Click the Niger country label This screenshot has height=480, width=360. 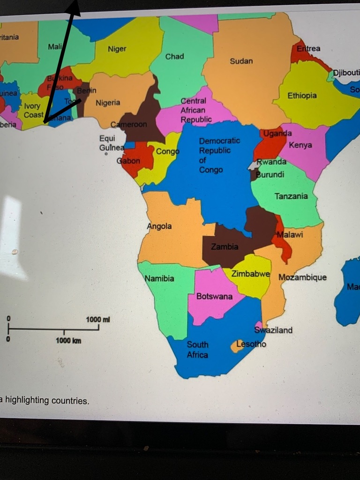pos(117,49)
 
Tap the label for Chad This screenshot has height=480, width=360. pos(174,56)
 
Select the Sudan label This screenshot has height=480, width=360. pos(241,61)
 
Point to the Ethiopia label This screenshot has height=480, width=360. pos(302,96)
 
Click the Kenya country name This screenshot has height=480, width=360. pos(300,145)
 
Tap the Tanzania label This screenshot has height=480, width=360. pos(291,196)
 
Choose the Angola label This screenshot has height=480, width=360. pos(159,226)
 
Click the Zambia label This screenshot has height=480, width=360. pos(225,247)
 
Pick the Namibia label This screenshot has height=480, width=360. pos(159,278)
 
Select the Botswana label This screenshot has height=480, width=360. pos(214,296)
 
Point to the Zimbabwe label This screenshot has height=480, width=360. pos(251,274)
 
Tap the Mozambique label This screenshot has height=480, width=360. pos(302,277)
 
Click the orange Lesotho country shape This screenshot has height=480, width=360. pos(237,346)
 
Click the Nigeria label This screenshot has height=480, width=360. pos(108,103)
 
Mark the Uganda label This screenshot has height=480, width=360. pos(277,134)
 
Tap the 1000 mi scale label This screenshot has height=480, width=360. pos(98,319)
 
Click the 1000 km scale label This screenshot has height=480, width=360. pos(68,341)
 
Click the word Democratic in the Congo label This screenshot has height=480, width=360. pos(219,141)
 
